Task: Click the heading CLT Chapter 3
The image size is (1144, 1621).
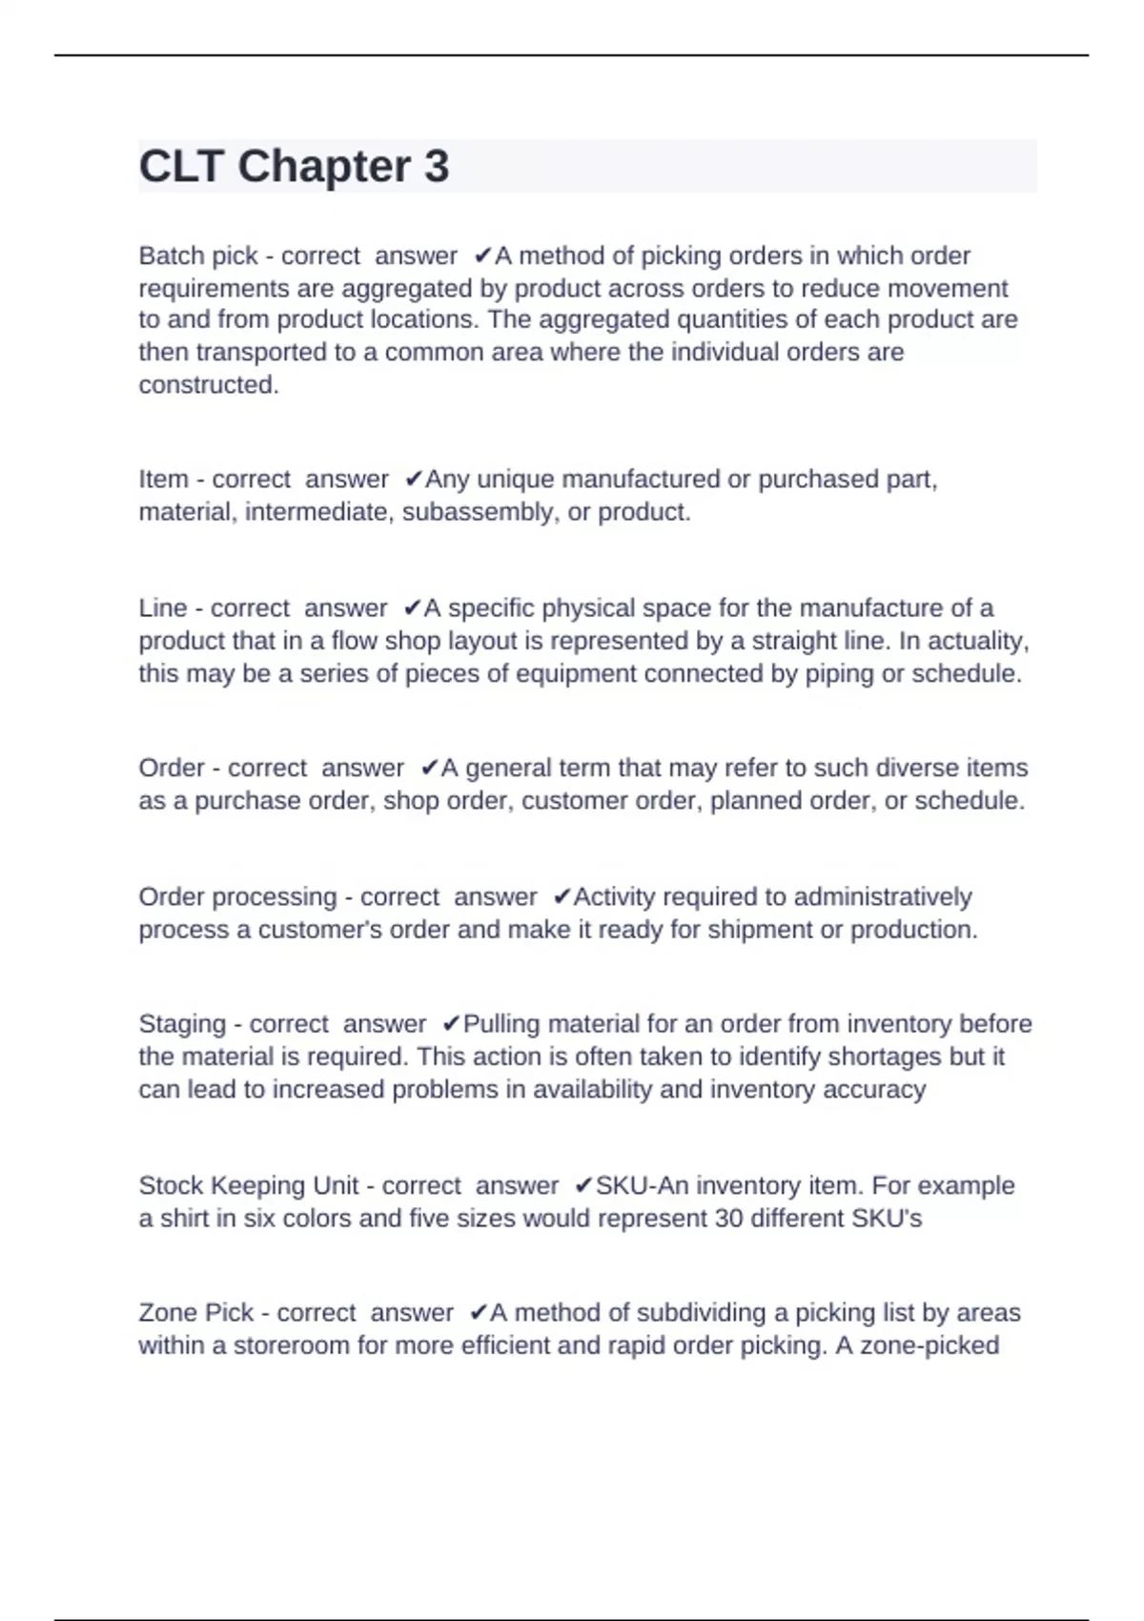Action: [294, 166]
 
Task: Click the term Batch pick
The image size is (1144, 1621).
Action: [198, 256]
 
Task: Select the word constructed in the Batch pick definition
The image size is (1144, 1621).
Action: [208, 384]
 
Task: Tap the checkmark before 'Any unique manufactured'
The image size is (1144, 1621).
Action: [414, 479]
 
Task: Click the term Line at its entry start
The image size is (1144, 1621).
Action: [163, 608]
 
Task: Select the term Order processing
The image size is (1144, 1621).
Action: [237, 897]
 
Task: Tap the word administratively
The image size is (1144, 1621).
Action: [882, 897]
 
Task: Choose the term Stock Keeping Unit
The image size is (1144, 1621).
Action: [249, 1185]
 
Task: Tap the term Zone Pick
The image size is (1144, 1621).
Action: [195, 1313]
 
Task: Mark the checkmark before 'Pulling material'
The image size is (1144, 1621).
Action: [452, 1024]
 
